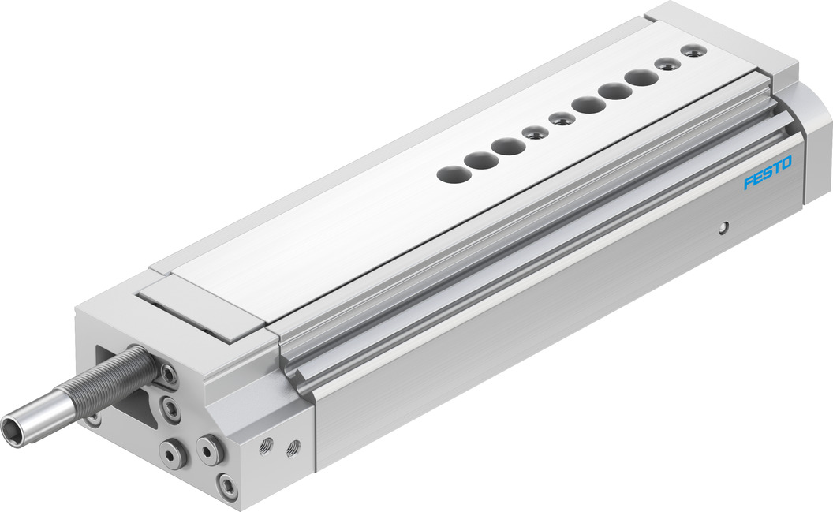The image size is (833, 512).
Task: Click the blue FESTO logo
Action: point(767,173)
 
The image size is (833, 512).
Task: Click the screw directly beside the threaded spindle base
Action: point(168,376)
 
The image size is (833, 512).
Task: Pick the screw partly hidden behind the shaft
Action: point(95,420)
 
